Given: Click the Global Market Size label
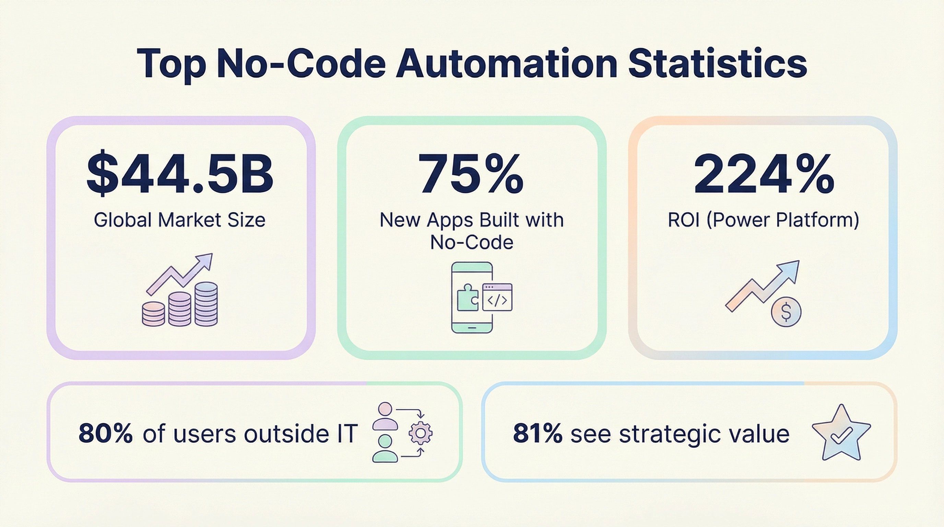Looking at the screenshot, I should (179, 220).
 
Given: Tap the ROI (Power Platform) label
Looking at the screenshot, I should (764, 220).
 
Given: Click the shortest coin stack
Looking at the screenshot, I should (154, 314).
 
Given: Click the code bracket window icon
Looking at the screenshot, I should (497, 297).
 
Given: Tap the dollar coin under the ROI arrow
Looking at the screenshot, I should (786, 312).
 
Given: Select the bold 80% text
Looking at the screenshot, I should (105, 434).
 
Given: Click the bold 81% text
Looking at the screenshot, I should (537, 434).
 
